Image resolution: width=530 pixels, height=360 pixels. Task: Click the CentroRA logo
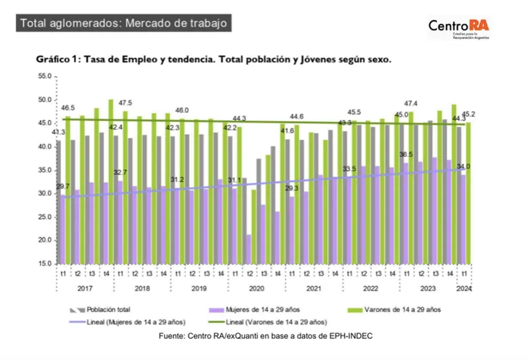point(458,28)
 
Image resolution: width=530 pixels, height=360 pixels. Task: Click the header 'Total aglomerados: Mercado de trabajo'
point(124,23)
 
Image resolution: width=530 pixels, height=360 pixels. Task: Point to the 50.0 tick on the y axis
point(45,100)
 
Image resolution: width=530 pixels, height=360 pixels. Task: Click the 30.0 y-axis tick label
point(45,193)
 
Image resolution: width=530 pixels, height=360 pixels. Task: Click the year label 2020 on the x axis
point(256,287)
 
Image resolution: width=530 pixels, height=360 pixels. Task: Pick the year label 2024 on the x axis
point(464,287)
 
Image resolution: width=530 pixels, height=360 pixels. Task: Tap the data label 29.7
point(65,187)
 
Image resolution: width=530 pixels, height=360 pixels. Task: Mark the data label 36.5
point(406,155)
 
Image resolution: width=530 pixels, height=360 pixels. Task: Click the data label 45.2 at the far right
point(469,114)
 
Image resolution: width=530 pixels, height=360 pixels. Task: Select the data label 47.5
point(125,102)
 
